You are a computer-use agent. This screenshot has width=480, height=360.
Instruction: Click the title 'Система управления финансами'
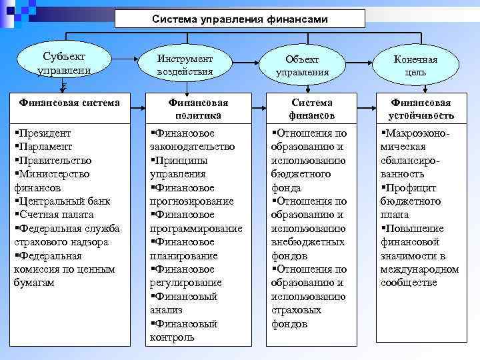tap(240, 19)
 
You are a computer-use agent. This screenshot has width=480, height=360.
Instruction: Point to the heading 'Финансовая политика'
tap(198, 109)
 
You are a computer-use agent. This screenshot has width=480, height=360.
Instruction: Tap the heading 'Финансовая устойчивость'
tap(421, 109)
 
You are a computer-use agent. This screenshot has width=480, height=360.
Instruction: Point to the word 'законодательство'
tap(193, 147)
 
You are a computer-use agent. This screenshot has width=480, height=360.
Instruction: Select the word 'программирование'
tap(196, 228)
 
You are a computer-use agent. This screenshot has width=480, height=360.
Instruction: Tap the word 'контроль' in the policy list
tap(173, 337)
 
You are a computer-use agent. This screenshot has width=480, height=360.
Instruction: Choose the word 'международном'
tap(419, 269)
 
